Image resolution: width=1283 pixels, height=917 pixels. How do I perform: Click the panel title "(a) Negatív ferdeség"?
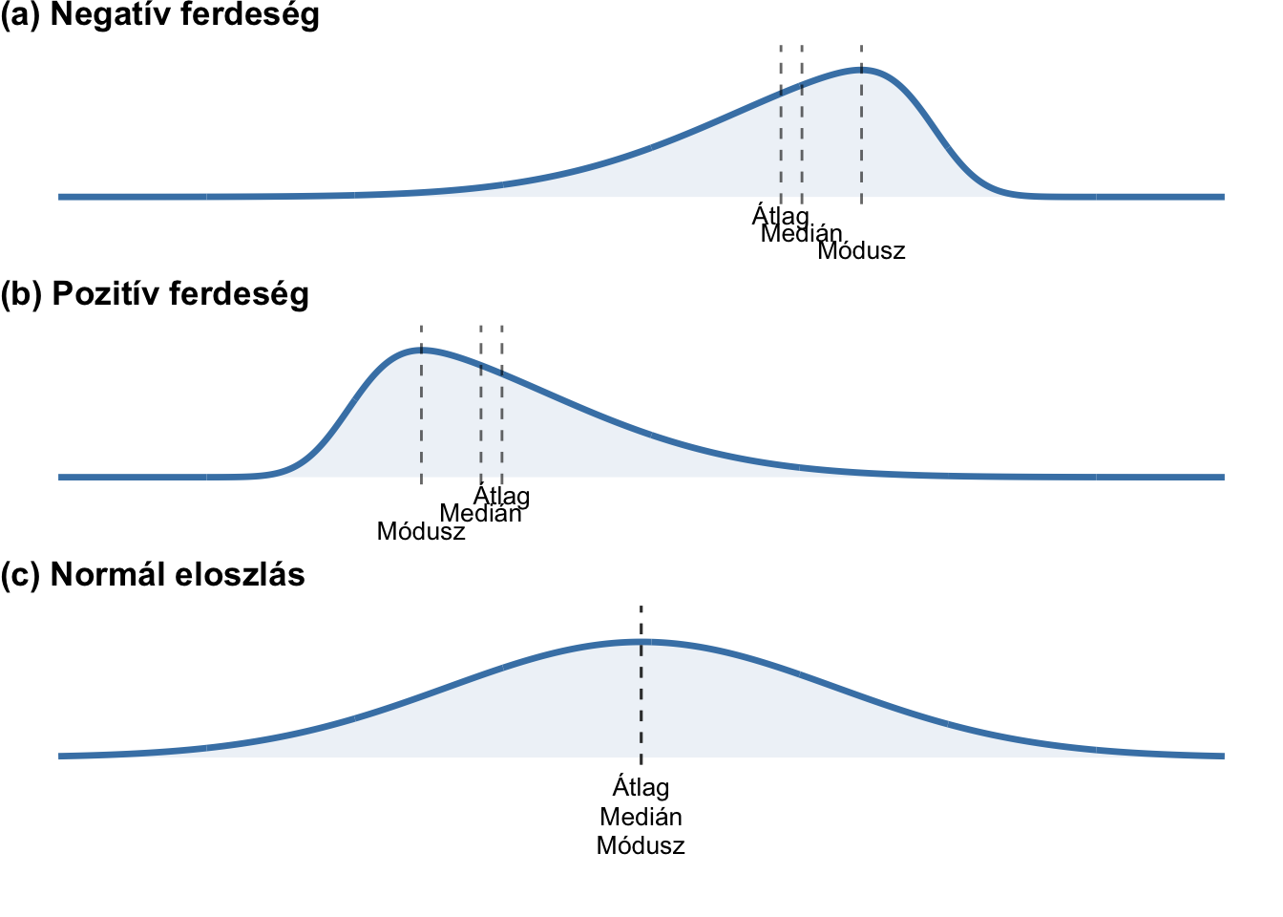[159, 15]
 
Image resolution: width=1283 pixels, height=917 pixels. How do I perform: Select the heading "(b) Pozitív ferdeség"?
[155, 294]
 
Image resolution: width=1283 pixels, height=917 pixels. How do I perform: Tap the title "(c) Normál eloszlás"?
[153, 575]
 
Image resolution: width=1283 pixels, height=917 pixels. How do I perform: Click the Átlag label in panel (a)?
[780, 216]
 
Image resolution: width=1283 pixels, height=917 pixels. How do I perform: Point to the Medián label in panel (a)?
[802, 234]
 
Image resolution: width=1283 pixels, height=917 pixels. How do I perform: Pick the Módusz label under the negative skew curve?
[861, 252]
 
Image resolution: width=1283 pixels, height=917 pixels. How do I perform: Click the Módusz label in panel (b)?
[421, 532]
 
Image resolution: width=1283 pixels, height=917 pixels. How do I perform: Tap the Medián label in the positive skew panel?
[480, 514]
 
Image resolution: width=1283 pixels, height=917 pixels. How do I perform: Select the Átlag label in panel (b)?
[502, 497]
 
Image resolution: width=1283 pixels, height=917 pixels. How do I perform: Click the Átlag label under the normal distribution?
[641, 788]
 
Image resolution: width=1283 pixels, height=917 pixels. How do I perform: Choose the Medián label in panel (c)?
[641, 818]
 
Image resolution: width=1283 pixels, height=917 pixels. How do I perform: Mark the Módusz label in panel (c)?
[641, 846]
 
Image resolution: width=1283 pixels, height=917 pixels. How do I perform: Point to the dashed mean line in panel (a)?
[781, 143]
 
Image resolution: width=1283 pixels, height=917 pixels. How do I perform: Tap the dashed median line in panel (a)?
[802, 143]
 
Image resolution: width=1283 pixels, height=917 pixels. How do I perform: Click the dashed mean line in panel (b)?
[502, 420]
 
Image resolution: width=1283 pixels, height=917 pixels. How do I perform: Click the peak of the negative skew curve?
[863, 69]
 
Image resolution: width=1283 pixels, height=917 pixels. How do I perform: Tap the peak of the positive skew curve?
[421, 350]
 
